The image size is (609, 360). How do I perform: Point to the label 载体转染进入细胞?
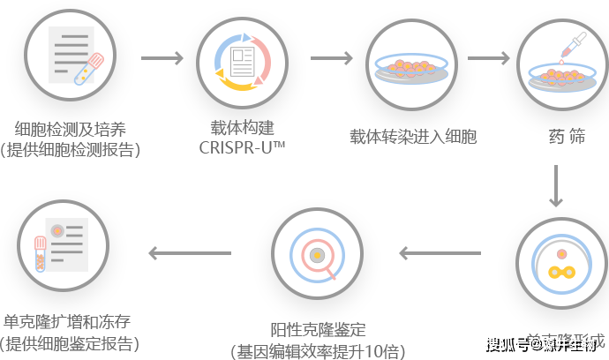413,137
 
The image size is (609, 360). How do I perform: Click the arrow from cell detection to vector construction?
162,59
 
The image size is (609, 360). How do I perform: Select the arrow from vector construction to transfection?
331,59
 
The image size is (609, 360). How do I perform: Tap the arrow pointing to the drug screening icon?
489,59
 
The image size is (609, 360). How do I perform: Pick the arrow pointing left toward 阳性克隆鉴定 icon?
440,254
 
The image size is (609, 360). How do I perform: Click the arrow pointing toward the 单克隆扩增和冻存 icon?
190,254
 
